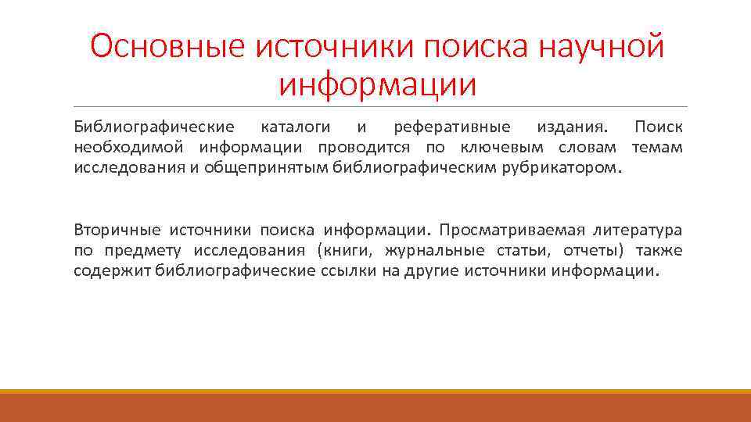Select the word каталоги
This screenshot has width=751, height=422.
[x=295, y=127]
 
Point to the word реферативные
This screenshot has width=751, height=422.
[x=452, y=127]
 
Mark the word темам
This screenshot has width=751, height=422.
[x=656, y=147]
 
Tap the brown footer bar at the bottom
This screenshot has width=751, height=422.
[x=375, y=408]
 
